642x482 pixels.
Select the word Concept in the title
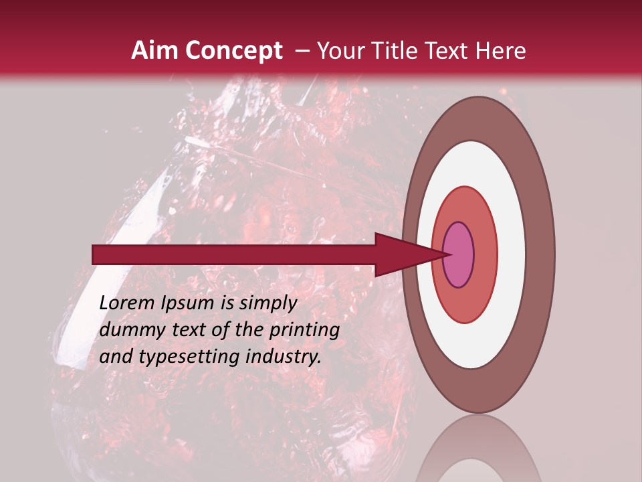[x=233, y=51]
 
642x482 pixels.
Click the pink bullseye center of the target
[x=459, y=255]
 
